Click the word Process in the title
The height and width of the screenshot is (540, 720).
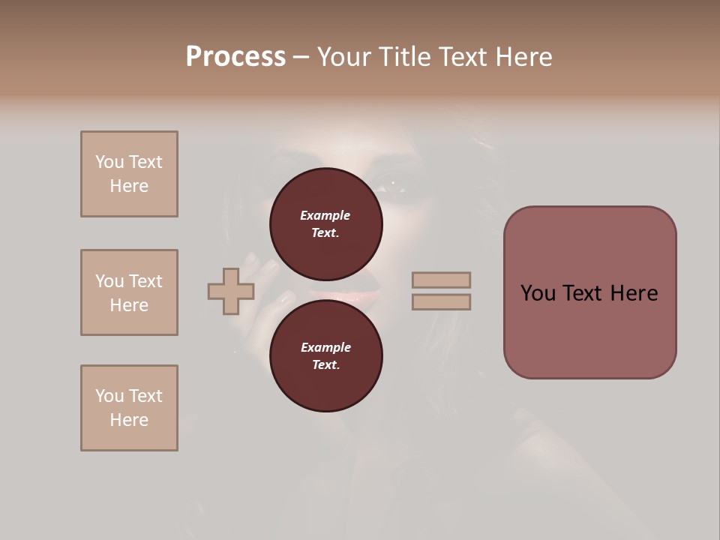235,56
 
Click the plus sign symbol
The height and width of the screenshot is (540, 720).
231,291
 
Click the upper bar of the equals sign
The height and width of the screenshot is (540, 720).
441,280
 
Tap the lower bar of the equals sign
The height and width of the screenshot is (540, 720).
441,302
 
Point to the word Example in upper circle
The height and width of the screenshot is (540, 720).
325,215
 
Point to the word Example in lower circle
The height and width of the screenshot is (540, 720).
325,347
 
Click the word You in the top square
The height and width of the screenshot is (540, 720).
109,162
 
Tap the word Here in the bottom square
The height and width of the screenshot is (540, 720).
129,420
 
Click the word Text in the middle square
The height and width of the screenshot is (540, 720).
145,281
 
